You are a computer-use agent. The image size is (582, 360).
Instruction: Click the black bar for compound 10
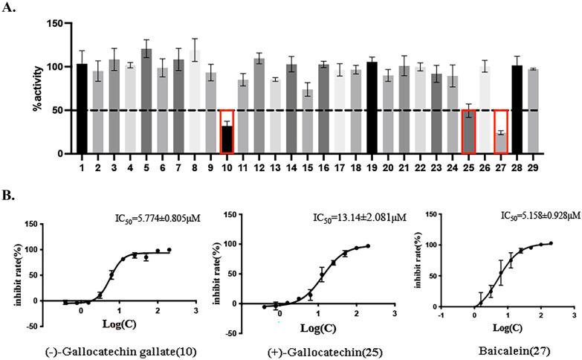[x=227, y=140]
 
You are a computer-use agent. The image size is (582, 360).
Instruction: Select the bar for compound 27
[x=501, y=143]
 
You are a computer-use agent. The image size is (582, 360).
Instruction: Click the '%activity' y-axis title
[x=35, y=89]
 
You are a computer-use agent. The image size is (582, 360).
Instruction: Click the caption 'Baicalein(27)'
[x=504, y=348]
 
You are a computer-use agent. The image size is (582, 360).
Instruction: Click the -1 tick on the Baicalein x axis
[x=441, y=313]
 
